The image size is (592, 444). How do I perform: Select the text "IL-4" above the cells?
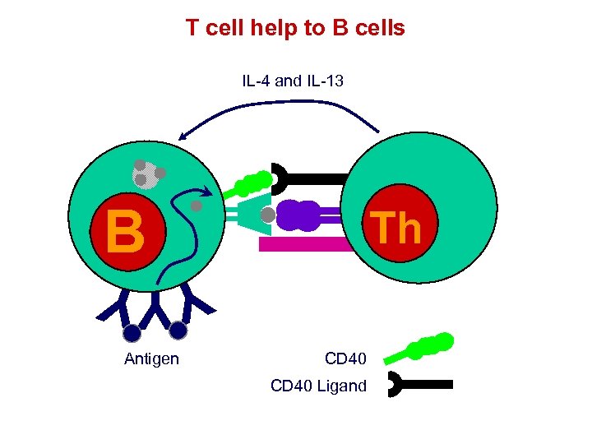pos(256,81)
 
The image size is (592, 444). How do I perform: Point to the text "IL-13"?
pos(325,81)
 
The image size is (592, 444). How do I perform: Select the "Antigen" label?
pos(151,358)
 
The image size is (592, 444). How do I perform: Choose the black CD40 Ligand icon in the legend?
pos(419,383)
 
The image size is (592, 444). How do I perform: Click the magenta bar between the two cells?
pos(304,244)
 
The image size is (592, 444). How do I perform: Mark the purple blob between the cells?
pos(298,216)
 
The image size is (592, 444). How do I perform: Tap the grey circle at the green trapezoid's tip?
pos(267,215)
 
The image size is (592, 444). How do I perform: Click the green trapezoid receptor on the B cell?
pos(252,215)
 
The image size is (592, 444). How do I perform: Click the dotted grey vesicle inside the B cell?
pos(146,173)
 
